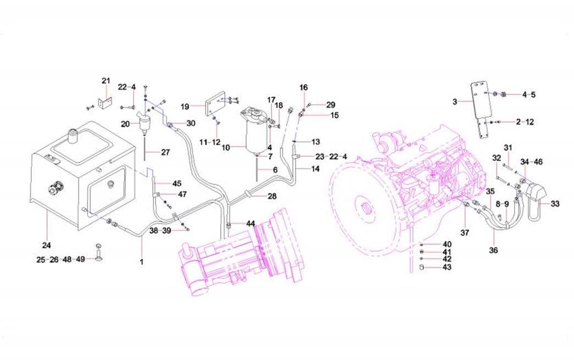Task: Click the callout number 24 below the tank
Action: tap(46, 245)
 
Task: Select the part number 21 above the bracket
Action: tap(106, 81)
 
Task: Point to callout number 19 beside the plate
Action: tap(185, 106)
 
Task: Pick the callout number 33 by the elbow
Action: tap(555, 204)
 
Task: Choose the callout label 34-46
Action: tap(532, 162)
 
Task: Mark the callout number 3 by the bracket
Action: tap(455, 102)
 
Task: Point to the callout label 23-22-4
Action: tap(330, 157)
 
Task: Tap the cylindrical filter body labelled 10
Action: tap(255, 135)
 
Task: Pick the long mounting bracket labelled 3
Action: tap(481, 104)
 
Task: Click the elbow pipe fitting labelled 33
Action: tap(536, 195)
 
